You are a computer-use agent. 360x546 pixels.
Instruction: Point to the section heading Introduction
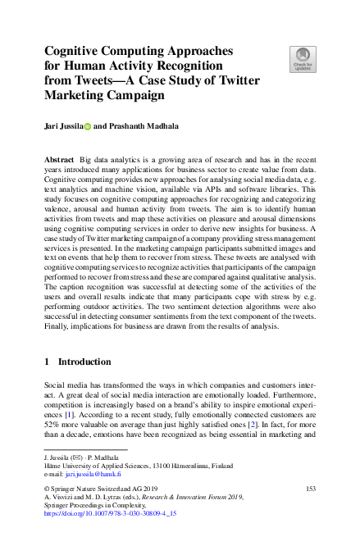[x=85, y=362]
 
